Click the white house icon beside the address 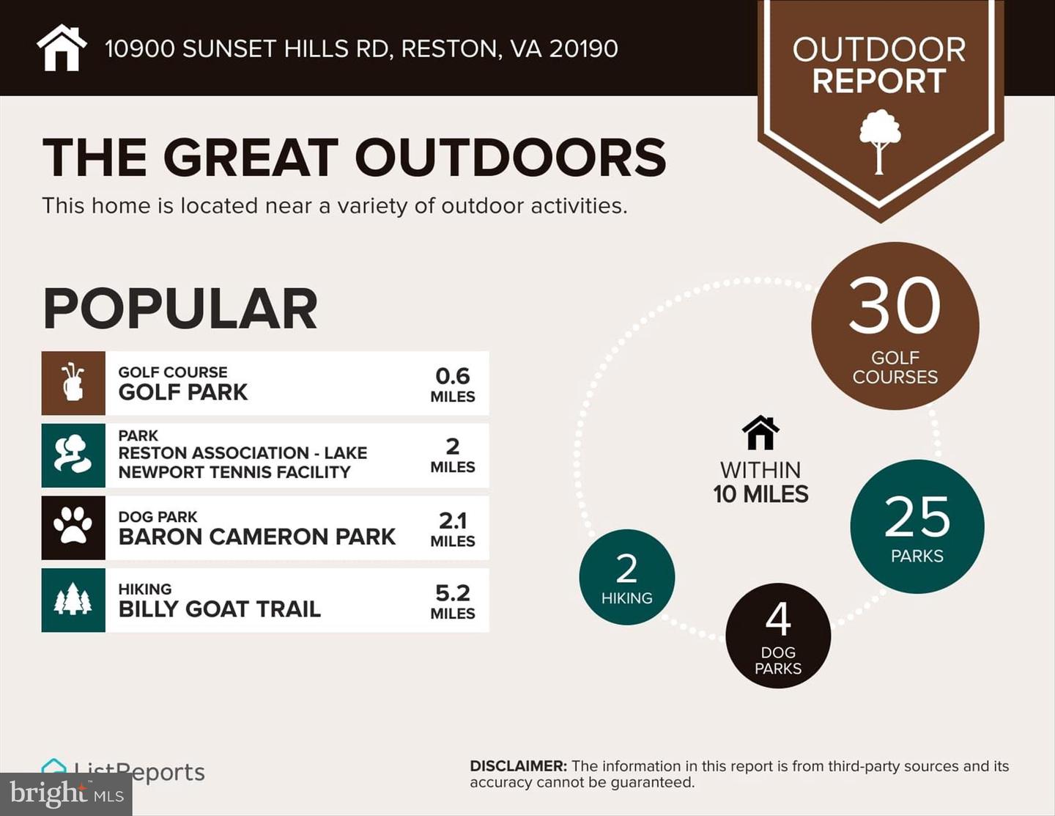[62, 48]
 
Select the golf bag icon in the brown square [73, 383]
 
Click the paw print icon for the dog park [73, 527]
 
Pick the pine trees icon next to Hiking [73, 600]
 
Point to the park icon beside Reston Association [73, 455]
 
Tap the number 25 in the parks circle [917, 517]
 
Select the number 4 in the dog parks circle [778, 619]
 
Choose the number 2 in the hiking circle [626, 568]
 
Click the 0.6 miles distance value [452, 376]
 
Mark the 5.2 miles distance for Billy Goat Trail [452, 593]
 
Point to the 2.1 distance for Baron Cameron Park [452, 521]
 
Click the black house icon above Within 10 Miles [760, 433]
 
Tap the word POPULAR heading [180, 309]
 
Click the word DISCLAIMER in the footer [518, 766]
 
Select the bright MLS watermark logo [66, 794]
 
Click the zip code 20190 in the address [583, 48]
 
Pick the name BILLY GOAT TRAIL [220, 609]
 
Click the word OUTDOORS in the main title [510, 157]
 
